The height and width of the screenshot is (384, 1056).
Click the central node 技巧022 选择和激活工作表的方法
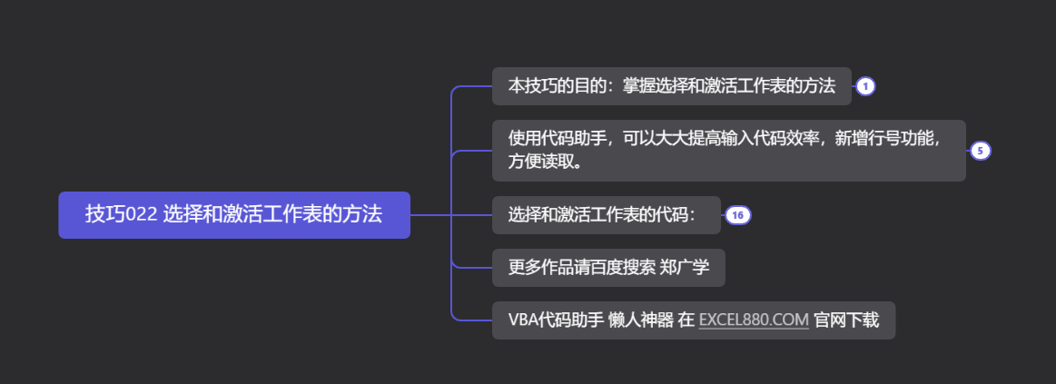(234, 215)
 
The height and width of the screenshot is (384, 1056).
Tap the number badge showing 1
(865, 86)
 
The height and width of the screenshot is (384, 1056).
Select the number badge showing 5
(980, 151)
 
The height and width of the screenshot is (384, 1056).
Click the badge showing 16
(737, 215)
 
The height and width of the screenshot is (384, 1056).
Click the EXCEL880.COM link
(754, 320)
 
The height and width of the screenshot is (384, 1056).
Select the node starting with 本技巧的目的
(671, 86)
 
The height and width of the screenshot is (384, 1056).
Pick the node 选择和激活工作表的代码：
(606, 215)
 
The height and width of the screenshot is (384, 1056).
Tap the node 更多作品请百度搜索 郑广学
(607, 268)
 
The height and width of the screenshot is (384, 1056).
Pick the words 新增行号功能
(884, 138)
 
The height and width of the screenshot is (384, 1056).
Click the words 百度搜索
(627, 268)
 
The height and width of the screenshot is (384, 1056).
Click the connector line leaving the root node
(430, 215)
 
